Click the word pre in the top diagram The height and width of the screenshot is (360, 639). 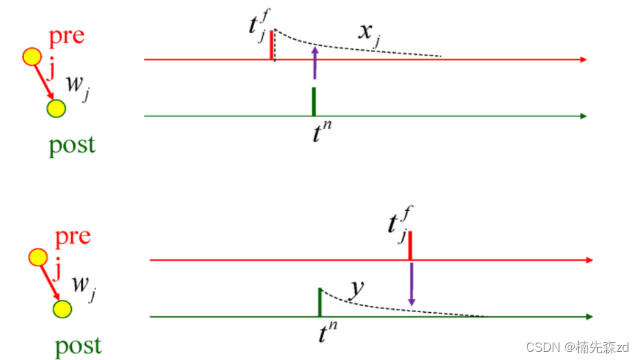coord(66,36)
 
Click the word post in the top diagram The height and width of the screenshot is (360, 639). coord(72,145)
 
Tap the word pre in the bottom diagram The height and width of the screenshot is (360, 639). coord(73,237)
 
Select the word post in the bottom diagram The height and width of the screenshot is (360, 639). coord(77,346)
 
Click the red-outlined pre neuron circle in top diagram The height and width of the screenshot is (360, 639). coord(32,57)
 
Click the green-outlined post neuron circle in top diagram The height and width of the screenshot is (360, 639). coord(55,108)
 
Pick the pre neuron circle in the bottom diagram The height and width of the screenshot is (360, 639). coord(38,258)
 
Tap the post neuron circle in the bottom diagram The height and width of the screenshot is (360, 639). coord(62,309)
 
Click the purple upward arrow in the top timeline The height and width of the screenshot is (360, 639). coord(314,63)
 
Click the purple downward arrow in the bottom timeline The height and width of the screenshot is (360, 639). coord(411,282)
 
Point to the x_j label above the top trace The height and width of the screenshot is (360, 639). coord(369,32)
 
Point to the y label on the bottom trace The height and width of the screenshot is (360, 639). coord(355,290)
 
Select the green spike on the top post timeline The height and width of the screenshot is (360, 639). coord(314,101)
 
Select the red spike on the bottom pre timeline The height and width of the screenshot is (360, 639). coord(410,246)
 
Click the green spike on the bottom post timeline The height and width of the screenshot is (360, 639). coord(320,302)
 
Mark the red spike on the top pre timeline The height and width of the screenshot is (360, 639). coord(272,44)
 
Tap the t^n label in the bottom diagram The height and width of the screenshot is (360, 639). coord(327,333)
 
